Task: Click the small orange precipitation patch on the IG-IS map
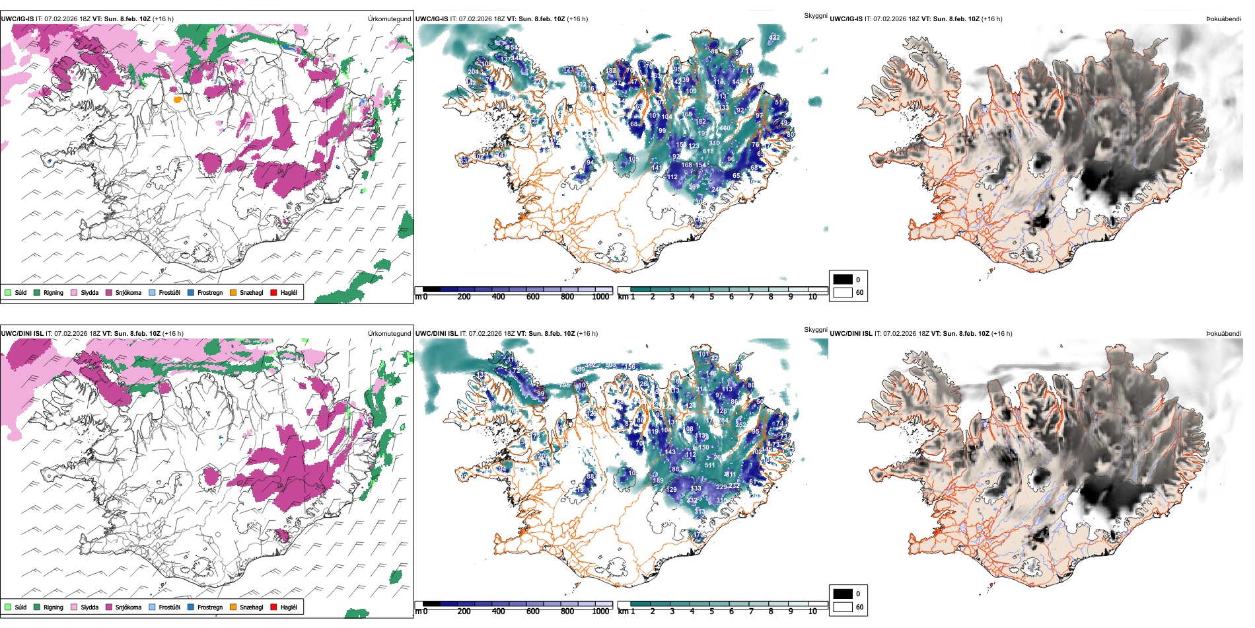click(177, 99)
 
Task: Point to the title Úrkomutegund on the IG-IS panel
click(389, 19)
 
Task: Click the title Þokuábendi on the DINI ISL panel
click(1223, 333)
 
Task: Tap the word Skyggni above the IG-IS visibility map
click(815, 15)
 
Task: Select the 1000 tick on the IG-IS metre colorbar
click(600, 297)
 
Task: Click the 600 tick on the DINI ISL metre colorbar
click(532, 611)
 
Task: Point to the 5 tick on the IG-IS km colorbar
click(711, 297)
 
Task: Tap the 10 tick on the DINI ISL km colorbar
click(812, 611)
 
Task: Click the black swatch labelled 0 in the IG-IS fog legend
click(843, 280)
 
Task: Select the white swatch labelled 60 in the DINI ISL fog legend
click(843, 607)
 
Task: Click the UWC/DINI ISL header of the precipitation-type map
click(22, 333)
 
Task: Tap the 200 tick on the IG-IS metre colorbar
click(464, 297)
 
